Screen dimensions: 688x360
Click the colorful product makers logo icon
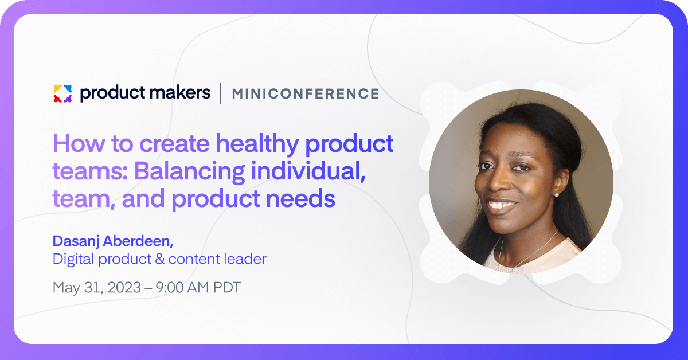pos(62,93)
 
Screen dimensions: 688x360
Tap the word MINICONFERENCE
pos(306,93)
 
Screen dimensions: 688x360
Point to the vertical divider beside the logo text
pos(221,93)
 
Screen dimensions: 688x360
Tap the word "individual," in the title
pos(308,171)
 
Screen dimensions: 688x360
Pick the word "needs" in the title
pos(300,198)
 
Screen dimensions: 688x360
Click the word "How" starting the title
pos(79,143)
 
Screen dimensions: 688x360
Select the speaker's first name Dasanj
pos(76,241)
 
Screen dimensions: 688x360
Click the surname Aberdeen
pos(138,241)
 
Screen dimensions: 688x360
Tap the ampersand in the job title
pos(160,259)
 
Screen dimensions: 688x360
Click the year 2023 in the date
pos(124,288)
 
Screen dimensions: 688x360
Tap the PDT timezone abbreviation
pos(226,288)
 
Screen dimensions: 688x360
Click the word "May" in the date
pos(67,288)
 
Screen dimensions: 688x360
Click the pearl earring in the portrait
pos(556,195)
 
